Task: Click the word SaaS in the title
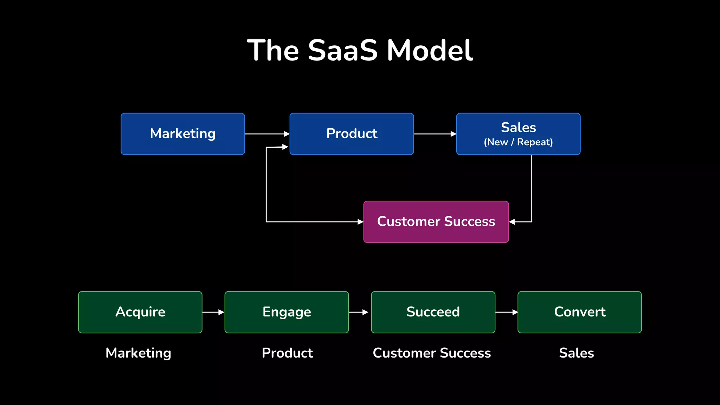(x=343, y=50)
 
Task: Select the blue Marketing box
(x=183, y=134)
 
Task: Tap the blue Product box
(x=352, y=134)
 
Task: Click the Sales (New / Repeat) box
(x=518, y=134)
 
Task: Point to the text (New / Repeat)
(x=518, y=142)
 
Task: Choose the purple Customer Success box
(x=436, y=221)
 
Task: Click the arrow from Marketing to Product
(x=267, y=134)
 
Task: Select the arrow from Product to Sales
(x=435, y=134)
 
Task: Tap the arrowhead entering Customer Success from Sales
(x=512, y=222)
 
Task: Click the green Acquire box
(x=140, y=312)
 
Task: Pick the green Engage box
(x=287, y=312)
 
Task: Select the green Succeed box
(x=433, y=312)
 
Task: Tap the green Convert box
(x=579, y=312)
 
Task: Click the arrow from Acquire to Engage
(x=213, y=312)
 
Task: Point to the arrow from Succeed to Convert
(x=506, y=312)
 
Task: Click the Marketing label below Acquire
(x=139, y=353)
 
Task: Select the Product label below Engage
(x=287, y=353)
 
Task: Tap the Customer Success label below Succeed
(x=432, y=353)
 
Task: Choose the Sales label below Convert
(x=576, y=353)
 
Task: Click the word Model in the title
(x=430, y=50)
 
